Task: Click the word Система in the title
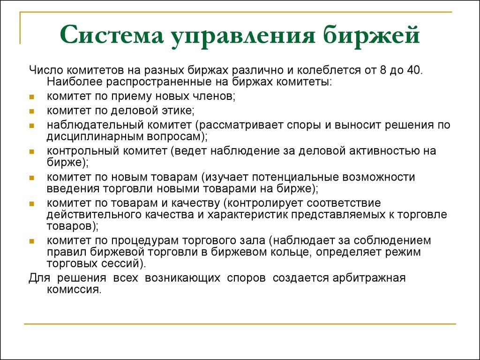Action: pyautogui.click(x=111, y=36)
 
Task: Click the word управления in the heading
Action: pyautogui.click(x=248, y=36)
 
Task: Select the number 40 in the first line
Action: pyautogui.click(x=413, y=70)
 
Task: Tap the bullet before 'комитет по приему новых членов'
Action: pyautogui.click(x=31, y=97)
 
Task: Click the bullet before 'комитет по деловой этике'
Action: pyautogui.click(x=31, y=112)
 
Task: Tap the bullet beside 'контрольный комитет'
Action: pyautogui.click(x=31, y=152)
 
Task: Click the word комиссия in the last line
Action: pyautogui.click(x=74, y=289)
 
